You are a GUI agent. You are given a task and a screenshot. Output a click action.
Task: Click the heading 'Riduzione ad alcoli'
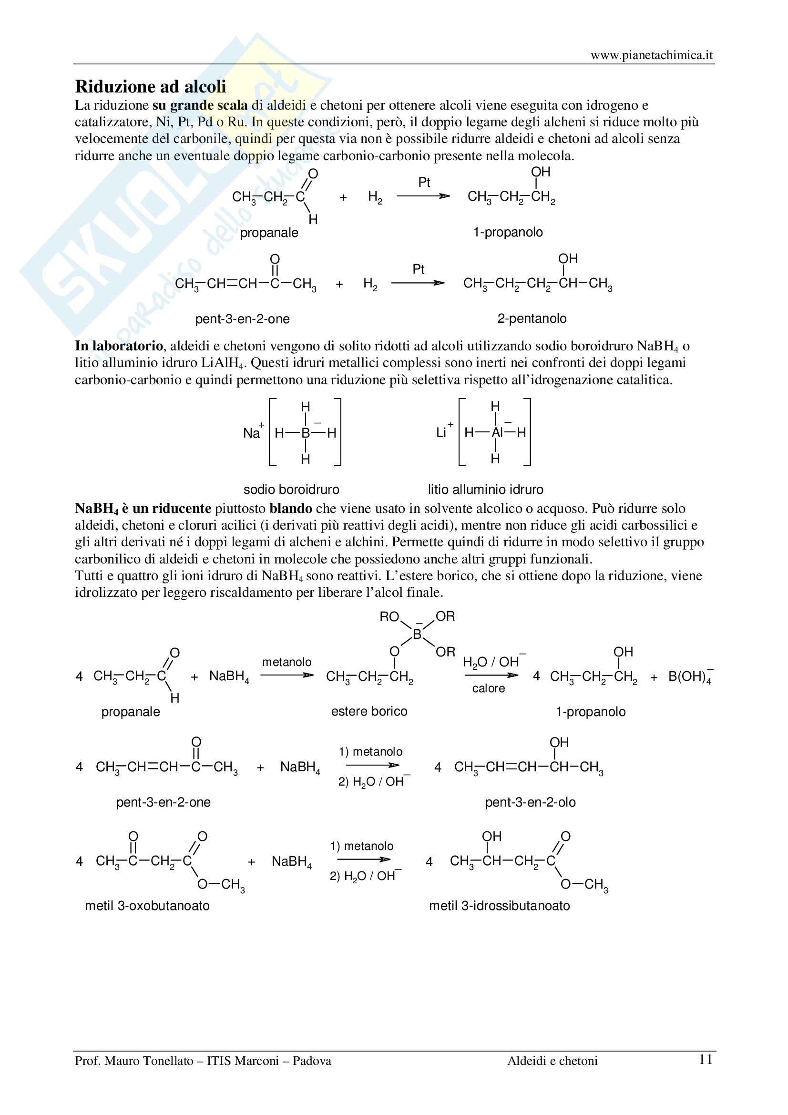pyautogui.click(x=151, y=86)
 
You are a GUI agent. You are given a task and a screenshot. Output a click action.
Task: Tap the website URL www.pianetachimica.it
pyautogui.click(x=652, y=55)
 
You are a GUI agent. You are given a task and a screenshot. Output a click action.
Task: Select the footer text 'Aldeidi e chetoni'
pyautogui.click(x=553, y=1061)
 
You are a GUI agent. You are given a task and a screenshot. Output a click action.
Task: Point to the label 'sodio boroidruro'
pyautogui.click(x=291, y=489)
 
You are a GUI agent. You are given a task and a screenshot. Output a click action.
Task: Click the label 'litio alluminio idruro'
pyautogui.click(x=485, y=489)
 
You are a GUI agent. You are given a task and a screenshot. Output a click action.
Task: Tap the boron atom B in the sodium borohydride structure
pyautogui.click(x=306, y=433)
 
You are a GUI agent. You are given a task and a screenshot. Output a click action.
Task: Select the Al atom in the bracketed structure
pyautogui.click(x=496, y=432)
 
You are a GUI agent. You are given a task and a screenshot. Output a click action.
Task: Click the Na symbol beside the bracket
pyautogui.click(x=252, y=433)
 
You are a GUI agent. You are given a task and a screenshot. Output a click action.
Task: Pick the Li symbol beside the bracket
pyautogui.click(x=441, y=433)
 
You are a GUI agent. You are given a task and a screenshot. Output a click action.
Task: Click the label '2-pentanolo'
pyautogui.click(x=532, y=318)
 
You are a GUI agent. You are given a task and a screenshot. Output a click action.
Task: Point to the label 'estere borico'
pyautogui.click(x=369, y=711)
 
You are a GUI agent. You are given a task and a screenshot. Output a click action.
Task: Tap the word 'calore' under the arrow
pyautogui.click(x=489, y=689)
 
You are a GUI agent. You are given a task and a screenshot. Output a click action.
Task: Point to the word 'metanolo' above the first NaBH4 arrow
pyautogui.click(x=287, y=662)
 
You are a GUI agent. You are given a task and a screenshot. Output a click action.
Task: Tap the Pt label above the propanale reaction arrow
pyautogui.click(x=424, y=183)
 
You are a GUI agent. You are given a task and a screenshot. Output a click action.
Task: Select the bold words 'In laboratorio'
pyautogui.click(x=119, y=346)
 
